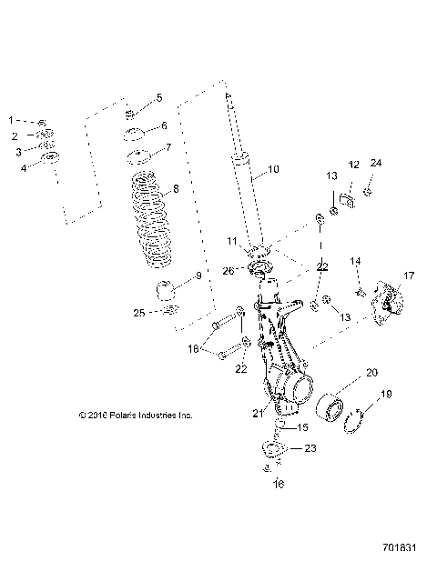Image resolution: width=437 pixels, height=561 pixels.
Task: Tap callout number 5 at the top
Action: [x=159, y=97]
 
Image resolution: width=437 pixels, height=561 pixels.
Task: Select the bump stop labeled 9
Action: [x=166, y=293]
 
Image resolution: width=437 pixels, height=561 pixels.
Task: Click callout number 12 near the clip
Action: [x=352, y=165]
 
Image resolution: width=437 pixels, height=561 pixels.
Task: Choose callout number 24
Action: [x=376, y=165]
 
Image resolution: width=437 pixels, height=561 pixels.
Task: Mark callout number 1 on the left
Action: [x=12, y=120]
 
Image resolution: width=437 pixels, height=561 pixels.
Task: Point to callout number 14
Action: [x=356, y=261]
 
